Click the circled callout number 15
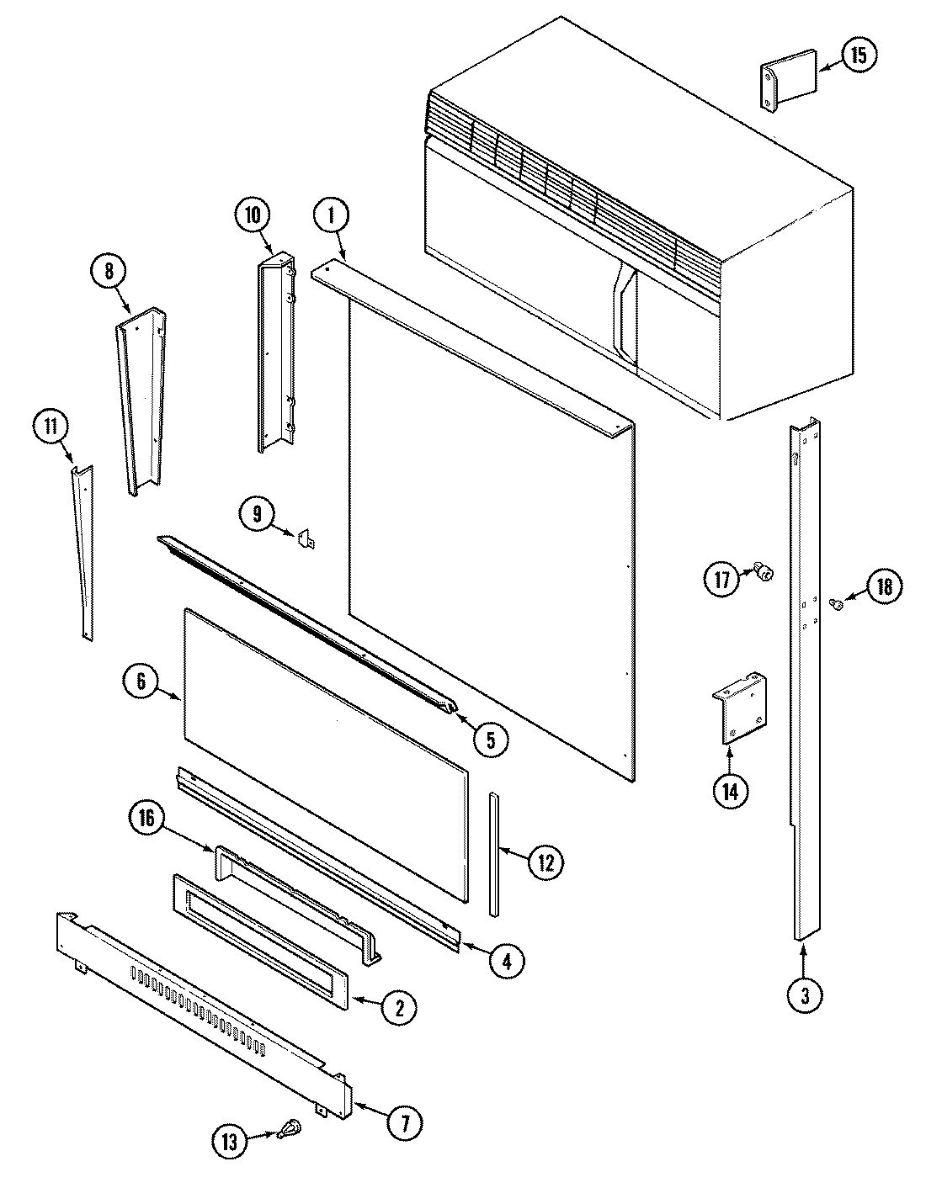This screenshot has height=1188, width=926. click(x=858, y=56)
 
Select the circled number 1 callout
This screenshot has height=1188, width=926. click(x=331, y=215)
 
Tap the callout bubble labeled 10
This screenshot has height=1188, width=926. click(x=253, y=215)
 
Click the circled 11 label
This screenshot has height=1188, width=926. click(x=51, y=427)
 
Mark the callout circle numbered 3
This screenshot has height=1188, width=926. click(x=805, y=996)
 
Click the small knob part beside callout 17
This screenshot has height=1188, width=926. click(x=764, y=574)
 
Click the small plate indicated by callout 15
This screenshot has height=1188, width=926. click(x=790, y=79)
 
